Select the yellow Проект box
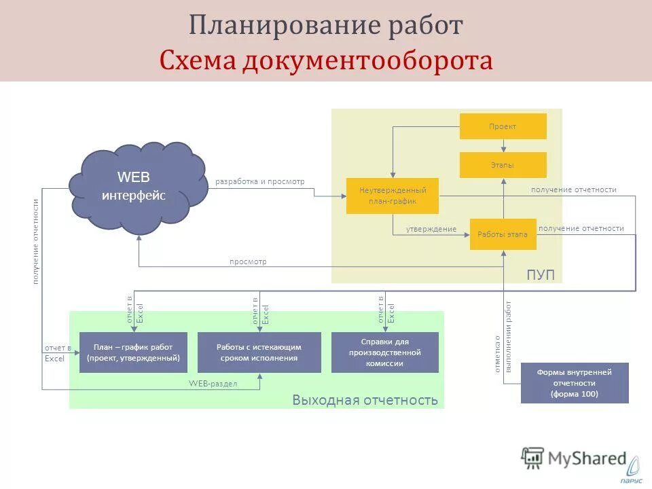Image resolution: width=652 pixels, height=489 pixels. click(x=503, y=126)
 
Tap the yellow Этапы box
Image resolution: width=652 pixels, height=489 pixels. click(x=503, y=165)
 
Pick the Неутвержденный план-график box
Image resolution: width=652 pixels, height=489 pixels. click(x=392, y=196)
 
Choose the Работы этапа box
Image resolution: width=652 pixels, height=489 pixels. click(x=503, y=234)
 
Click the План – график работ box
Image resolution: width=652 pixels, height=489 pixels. click(x=133, y=352)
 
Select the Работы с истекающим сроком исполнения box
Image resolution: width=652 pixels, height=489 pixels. click(x=259, y=352)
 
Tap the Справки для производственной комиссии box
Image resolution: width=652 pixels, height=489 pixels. click(x=384, y=352)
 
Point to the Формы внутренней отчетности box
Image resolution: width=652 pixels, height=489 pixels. click(x=574, y=383)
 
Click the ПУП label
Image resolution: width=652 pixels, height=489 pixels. click(x=541, y=274)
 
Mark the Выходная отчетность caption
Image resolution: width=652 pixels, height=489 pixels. click(x=365, y=399)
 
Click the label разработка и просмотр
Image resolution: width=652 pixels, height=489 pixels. click(x=260, y=181)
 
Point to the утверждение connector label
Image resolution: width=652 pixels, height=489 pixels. click(x=431, y=229)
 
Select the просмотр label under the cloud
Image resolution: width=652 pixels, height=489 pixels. click(x=248, y=261)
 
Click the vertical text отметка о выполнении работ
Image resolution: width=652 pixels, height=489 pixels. click(x=503, y=337)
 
